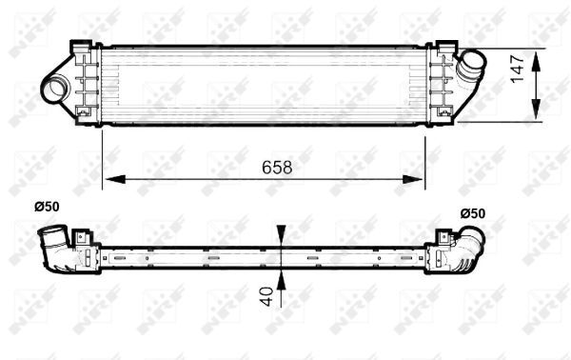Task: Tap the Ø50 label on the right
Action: pyautogui.click(x=473, y=212)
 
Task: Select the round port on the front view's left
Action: pyautogui.click(x=55, y=89)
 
